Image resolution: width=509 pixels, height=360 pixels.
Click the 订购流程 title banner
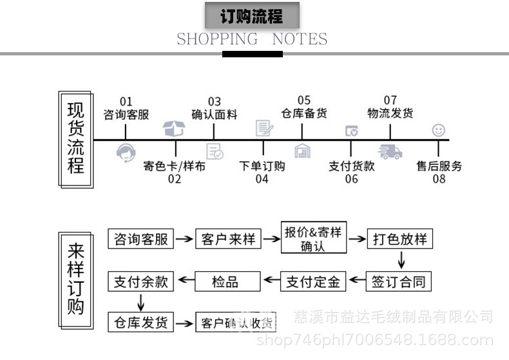pyautogui.click(x=252, y=15)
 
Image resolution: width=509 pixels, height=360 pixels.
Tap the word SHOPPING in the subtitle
pyautogui.click(x=216, y=39)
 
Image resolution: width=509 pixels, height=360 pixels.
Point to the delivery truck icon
pyautogui.click(x=390, y=151)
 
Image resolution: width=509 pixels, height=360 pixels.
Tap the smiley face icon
pyautogui.click(x=439, y=130)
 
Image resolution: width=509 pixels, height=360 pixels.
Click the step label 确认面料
pyautogui.click(x=215, y=115)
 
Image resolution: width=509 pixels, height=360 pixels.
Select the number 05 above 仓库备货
pyautogui.click(x=303, y=100)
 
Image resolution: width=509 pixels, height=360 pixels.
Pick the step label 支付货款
pyautogui.click(x=351, y=166)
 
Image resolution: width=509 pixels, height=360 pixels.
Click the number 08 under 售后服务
pyautogui.click(x=439, y=179)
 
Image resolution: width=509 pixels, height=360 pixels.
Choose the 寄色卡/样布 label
pyautogui.click(x=175, y=166)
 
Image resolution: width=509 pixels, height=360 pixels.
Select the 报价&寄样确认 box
pyautogui.click(x=312, y=238)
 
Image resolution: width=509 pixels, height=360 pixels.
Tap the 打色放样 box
pyautogui.click(x=400, y=240)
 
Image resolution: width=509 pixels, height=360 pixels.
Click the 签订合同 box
pyautogui.click(x=399, y=281)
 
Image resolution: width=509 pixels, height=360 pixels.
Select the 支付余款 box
pyautogui.click(x=140, y=281)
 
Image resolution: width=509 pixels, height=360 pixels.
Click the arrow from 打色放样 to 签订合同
pyautogui.click(x=401, y=260)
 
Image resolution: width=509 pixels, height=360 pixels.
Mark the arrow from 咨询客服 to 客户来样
pyautogui.click(x=185, y=240)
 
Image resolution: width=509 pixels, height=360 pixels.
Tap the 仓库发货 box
pyautogui.click(x=140, y=321)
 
